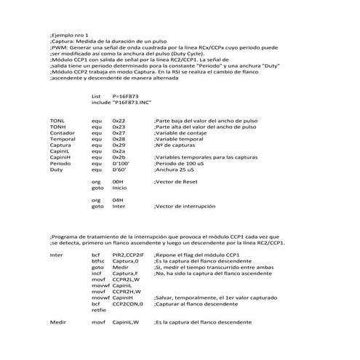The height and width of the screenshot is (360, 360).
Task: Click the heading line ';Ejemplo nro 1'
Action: tap(69, 35)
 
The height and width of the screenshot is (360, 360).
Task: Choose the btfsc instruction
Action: tap(98, 261)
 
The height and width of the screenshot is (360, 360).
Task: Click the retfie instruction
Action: tap(99, 311)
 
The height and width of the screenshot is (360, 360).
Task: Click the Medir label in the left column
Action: tap(58, 322)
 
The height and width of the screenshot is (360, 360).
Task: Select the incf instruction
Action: tap(97, 273)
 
